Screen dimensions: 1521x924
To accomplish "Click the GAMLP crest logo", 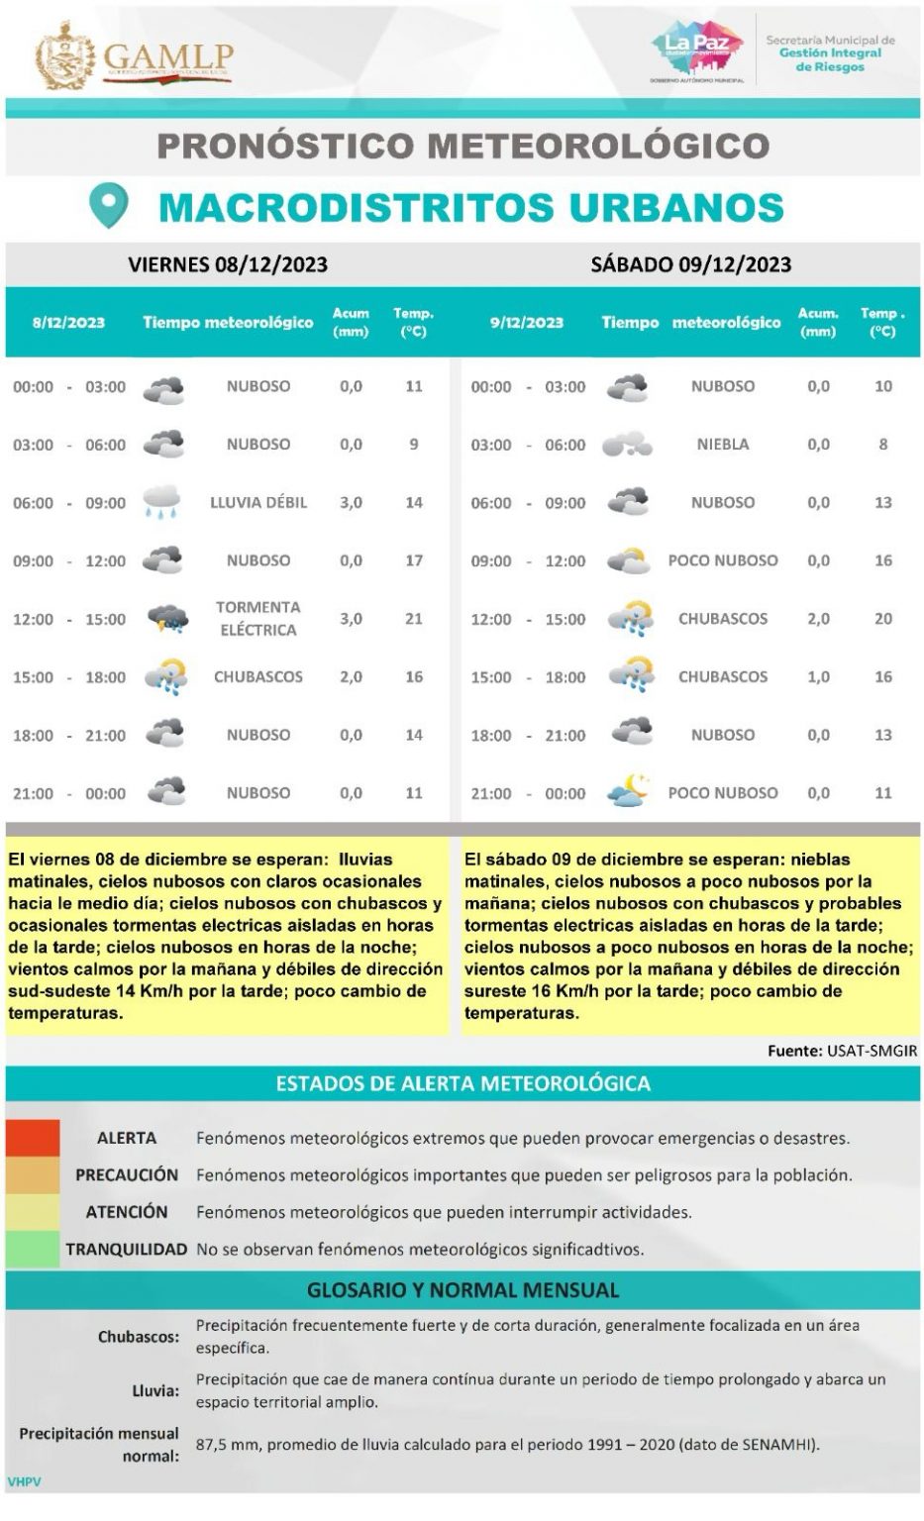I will [x=65, y=55].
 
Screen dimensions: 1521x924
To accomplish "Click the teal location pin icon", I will [x=109, y=205].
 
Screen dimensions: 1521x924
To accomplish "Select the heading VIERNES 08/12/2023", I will [x=228, y=264].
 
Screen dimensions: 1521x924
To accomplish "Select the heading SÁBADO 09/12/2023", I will [x=690, y=264].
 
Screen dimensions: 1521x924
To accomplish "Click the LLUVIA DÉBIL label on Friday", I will [x=258, y=502].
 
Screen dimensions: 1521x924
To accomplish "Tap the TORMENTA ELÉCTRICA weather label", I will [x=257, y=618].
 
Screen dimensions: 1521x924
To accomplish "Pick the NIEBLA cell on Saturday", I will [x=722, y=445].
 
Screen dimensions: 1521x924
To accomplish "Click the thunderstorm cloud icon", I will [x=166, y=620].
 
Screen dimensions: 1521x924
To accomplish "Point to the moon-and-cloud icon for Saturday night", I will [x=628, y=792].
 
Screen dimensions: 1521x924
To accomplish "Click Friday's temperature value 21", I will [x=414, y=619].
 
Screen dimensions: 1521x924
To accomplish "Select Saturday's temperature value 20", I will [x=882, y=619].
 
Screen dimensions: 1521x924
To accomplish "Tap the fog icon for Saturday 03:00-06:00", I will [x=627, y=445].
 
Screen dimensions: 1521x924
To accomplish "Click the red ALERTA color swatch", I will [x=33, y=1138].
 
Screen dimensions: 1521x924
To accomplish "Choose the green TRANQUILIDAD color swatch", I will [x=33, y=1249].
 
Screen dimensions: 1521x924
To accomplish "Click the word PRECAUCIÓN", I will [x=127, y=1175].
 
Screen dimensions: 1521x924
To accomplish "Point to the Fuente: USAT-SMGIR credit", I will [x=842, y=1051].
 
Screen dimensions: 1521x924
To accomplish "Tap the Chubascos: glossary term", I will [x=139, y=1337].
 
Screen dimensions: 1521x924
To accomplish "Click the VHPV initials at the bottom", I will [x=23, y=1482].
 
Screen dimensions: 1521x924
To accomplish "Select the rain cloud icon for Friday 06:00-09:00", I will [x=162, y=502].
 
